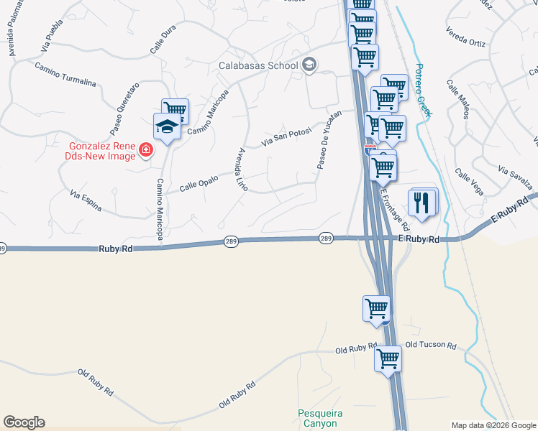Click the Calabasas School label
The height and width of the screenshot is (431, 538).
click(258, 65)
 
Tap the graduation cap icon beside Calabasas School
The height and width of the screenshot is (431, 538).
click(310, 65)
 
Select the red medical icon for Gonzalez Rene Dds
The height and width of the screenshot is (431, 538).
click(146, 150)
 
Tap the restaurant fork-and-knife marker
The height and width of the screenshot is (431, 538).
click(422, 202)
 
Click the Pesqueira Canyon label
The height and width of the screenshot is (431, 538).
click(320, 417)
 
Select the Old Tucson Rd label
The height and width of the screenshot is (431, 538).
click(431, 346)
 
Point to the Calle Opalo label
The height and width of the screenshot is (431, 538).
click(198, 185)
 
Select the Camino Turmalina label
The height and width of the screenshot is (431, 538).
click(65, 74)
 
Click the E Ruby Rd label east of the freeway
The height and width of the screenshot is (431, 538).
click(418, 238)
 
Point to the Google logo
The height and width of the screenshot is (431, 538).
click(24, 422)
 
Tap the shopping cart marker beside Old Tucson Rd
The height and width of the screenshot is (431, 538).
click(388, 357)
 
